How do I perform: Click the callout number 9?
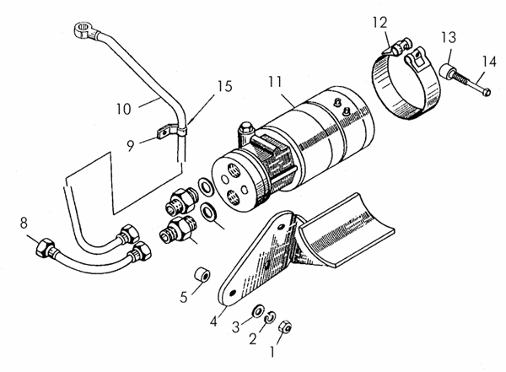pyautogui.click(x=131, y=143)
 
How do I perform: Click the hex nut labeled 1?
pyautogui.click(x=285, y=324)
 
